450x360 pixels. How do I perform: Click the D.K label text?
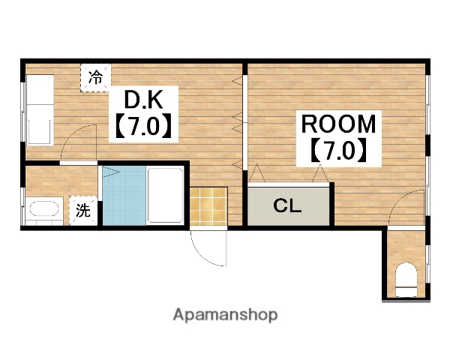pos(143,99)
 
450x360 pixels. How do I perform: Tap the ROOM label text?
pos(338,124)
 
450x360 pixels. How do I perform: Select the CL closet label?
pos(287,205)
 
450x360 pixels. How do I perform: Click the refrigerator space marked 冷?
pos(95,77)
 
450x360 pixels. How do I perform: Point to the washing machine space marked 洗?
pos(83,211)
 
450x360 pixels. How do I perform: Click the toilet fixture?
pos(406,280)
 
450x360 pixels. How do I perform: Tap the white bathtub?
pos(165,195)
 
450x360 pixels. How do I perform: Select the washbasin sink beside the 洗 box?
pos(44,211)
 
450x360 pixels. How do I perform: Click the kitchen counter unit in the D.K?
pos(40,109)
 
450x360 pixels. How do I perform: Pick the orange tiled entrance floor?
pos(208,206)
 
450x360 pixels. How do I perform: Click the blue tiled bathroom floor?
pos(124,196)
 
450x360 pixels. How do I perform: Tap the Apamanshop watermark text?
pos(225,315)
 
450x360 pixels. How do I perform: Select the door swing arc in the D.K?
pos(72,134)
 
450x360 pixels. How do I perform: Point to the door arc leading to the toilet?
pos(398,199)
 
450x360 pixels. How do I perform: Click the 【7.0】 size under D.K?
pos(143,126)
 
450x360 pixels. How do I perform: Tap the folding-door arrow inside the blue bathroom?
pos(110,172)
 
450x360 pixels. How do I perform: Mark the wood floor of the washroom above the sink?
pos(61,181)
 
